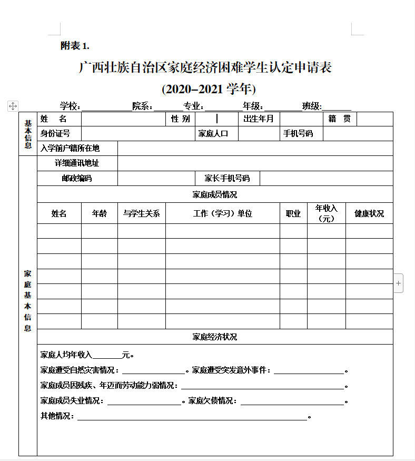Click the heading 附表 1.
(x=75, y=46)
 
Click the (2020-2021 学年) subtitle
(x=209, y=89)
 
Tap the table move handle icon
(x=13, y=106)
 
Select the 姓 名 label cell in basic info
(x=54, y=119)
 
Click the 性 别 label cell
(x=180, y=119)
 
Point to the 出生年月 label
(x=259, y=119)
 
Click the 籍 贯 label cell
(x=339, y=119)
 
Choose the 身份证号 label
(x=55, y=133)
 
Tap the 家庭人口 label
(x=213, y=133)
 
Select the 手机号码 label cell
(x=298, y=133)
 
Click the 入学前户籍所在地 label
(x=70, y=148)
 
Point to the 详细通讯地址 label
(x=77, y=163)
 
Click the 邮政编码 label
(x=77, y=178)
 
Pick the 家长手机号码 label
(x=227, y=178)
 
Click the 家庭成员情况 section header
(x=215, y=194)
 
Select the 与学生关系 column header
(x=141, y=213)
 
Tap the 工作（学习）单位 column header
(x=222, y=213)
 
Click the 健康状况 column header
(x=369, y=213)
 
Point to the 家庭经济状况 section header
(x=215, y=337)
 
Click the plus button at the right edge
(x=399, y=283)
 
